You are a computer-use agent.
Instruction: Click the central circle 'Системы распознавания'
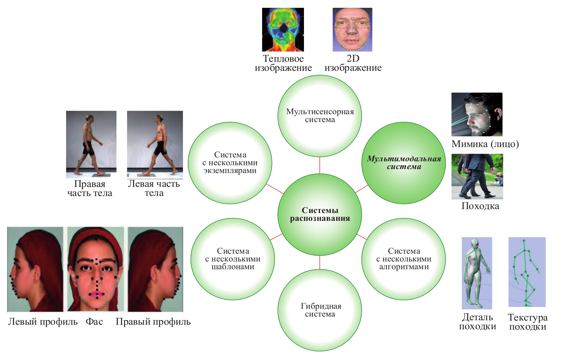coord(320,215)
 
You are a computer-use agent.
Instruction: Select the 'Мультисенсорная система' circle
coord(320,116)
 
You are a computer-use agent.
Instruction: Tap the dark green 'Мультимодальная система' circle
coord(404,163)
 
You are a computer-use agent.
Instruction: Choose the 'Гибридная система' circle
coord(320,310)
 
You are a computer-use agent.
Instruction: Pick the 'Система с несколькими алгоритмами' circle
coord(404,259)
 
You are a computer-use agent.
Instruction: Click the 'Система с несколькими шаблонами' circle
coord(233,259)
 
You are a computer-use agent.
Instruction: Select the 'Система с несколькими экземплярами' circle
coord(230,163)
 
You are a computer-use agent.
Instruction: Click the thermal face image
coord(283,30)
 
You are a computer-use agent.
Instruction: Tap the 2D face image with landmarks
coord(352,30)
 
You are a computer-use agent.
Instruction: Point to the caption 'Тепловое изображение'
coord(283,63)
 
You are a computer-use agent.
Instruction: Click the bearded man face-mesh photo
coord(477,114)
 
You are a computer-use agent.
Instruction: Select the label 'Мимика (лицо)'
coord(485,144)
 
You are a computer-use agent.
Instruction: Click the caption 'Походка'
coord(480,206)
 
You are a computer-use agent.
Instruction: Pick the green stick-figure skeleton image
coord(527,272)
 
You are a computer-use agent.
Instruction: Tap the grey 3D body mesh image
coord(477,273)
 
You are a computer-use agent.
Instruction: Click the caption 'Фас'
coord(94,322)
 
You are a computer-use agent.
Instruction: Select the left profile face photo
coord(35,269)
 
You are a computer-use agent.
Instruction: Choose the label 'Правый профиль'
coord(153,322)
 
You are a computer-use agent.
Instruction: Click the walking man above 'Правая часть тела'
coord(91,144)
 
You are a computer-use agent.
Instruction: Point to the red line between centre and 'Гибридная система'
coord(320,262)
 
